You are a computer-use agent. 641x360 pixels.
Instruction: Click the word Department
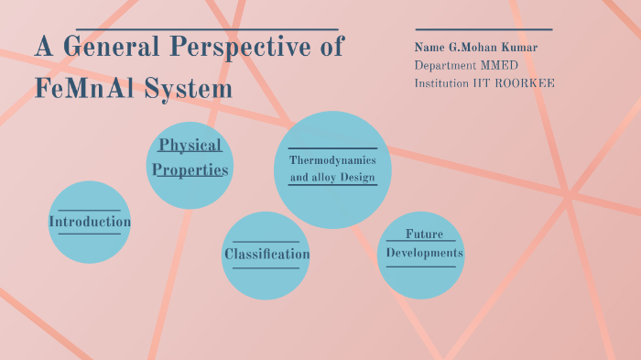pos(445,66)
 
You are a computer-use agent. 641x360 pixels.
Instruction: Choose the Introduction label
pos(89,222)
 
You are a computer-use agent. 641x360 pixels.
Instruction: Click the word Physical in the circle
pos(190,146)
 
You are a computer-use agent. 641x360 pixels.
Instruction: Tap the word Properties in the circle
pos(190,169)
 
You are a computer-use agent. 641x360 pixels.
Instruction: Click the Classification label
pos(266,254)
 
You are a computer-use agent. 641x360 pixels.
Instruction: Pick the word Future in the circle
pos(424,235)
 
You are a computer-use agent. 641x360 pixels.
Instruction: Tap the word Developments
pos(424,253)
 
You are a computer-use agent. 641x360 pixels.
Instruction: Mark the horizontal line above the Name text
pos(483,30)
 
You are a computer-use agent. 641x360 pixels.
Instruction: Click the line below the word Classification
pos(266,268)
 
